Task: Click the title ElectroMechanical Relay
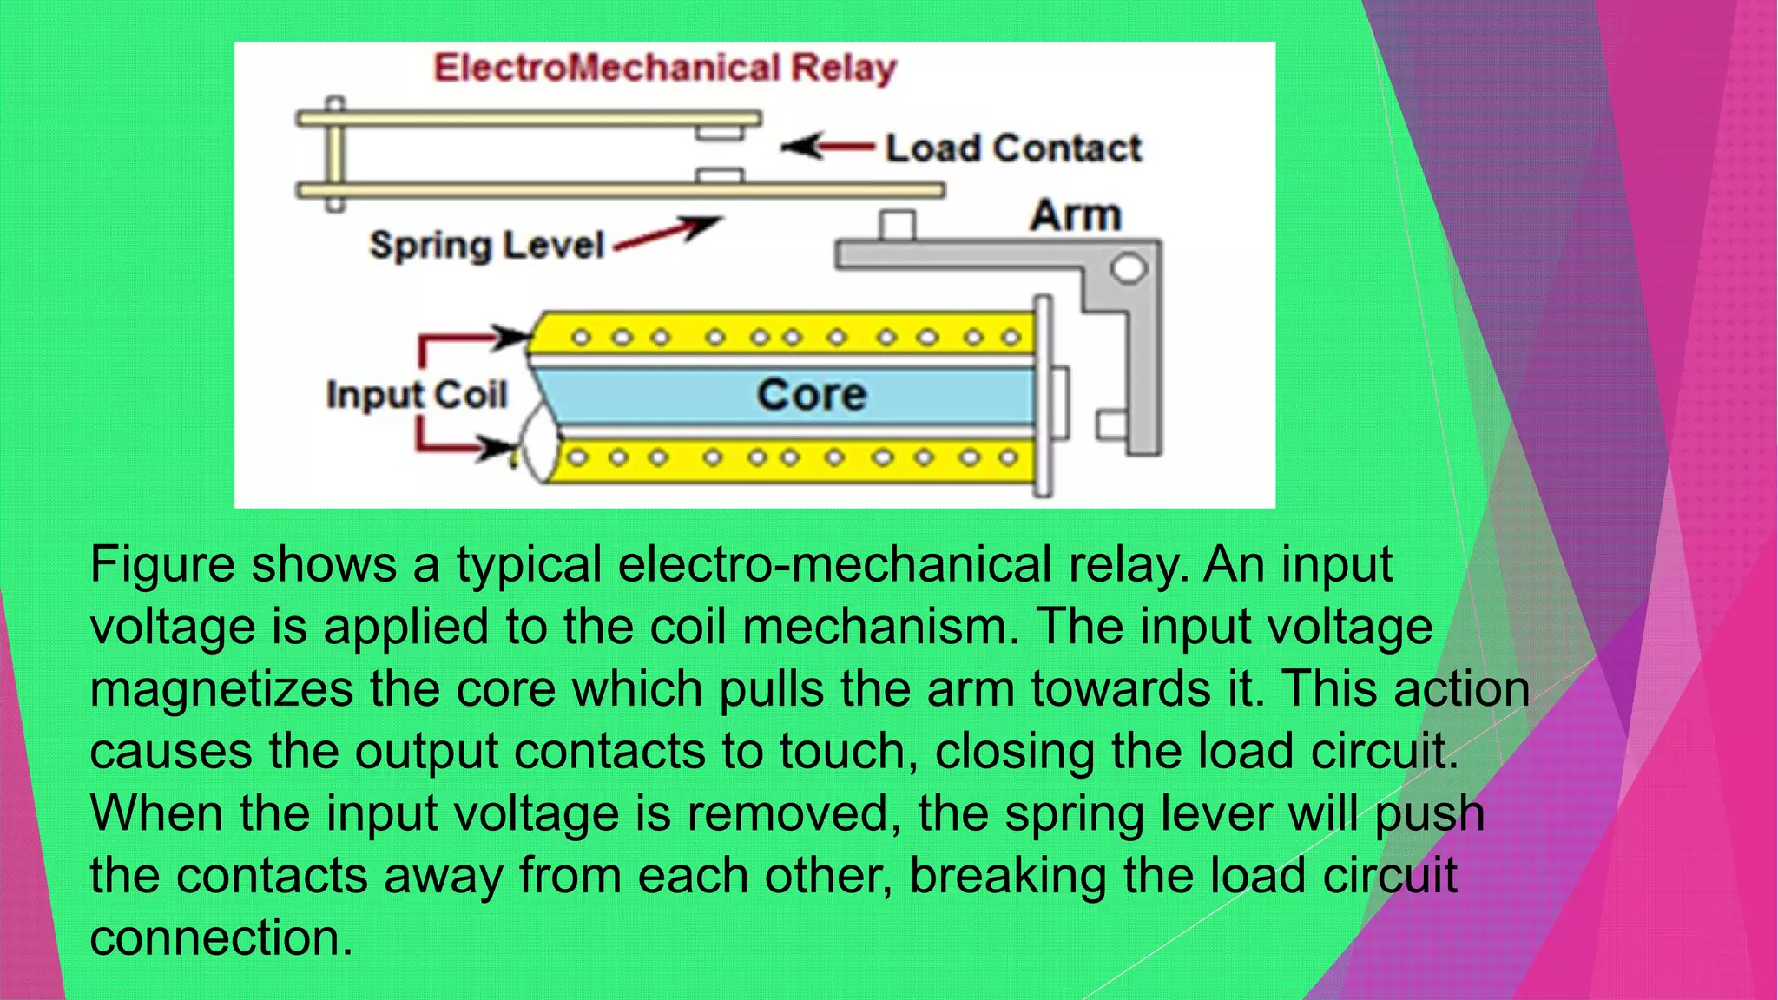click(664, 68)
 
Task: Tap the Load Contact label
click(1013, 148)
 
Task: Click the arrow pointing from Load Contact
click(826, 147)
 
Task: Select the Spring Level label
click(486, 246)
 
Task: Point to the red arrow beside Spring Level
click(668, 234)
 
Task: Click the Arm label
click(1076, 214)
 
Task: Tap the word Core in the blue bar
click(811, 395)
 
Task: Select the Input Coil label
click(416, 395)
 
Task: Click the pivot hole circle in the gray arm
click(1129, 267)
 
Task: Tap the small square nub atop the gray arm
click(897, 226)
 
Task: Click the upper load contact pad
click(720, 133)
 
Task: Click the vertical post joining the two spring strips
click(335, 155)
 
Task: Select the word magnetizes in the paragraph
click(221, 689)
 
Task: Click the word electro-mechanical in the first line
click(834, 564)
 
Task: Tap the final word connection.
click(221, 938)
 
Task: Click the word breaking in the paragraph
click(1007, 876)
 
